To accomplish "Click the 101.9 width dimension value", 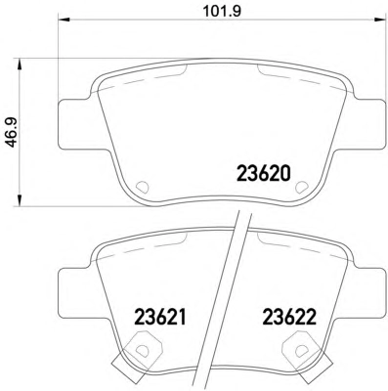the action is (x=222, y=11).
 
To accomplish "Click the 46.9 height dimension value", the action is (x=12, y=133).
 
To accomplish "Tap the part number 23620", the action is (x=263, y=174).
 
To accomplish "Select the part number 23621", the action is (x=160, y=318).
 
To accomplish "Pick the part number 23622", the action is (x=289, y=318).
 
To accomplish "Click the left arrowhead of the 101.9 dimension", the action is (x=65, y=20).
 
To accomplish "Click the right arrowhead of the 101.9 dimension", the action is (x=379, y=20).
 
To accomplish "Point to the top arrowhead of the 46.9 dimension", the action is (x=20, y=65).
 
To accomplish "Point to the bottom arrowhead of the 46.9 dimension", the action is (x=20, y=199).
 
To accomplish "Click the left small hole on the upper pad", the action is (x=142, y=187).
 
